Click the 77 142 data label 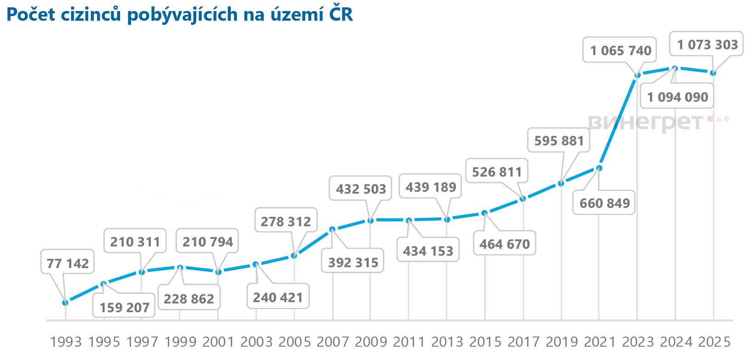click(x=68, y=263)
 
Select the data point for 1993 click(x=65, y=303)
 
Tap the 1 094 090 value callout click(x=678, y=97)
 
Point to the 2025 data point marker click(x=713, y=73)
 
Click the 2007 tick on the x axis click(x=333, y=342)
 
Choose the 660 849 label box click(x=605, y=203)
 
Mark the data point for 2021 click(x=599, y=168)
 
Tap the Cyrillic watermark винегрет click(x=646, y=121)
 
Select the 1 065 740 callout click(x=621, y=50)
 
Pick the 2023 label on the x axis click(x=637, y=342)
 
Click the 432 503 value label click(x=361, y=189)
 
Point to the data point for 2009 click(x=371, y=220)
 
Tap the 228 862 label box click(x=189, y=299)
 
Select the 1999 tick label click(x=180, y=342)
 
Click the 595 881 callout click(x=559, y=141)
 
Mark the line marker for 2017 click(x=523, y=199)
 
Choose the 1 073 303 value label click(x=707, y=45)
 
